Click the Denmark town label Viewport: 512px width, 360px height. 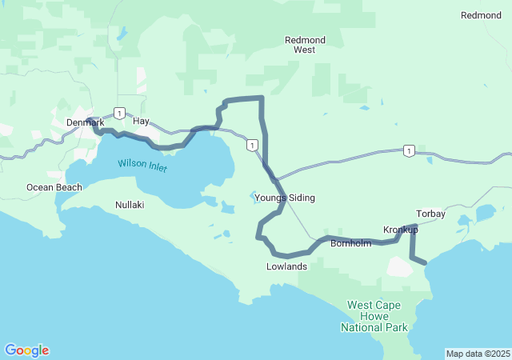click(85, 122)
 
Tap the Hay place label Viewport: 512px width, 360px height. click(142, 122)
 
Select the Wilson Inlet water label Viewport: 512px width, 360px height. click(142, 166)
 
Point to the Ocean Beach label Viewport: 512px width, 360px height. click(54, 187)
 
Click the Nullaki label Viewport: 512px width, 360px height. click(129, 205)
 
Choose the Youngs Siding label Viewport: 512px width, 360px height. click(285, 198)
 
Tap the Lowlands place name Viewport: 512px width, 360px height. click(286, 266)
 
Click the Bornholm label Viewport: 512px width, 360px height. click(351, 243)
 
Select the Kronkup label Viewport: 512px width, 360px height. click(401, 230)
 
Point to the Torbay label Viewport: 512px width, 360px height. click(431, 214)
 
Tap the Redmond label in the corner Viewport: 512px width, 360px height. click(482, 15)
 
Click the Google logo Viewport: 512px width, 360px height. click(26, 350)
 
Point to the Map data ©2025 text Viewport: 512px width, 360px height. click(477, 354)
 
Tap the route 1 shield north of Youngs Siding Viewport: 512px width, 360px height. click(252, 145)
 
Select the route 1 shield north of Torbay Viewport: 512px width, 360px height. click(409, 150)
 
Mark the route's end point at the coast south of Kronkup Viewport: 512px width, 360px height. click(424, 261)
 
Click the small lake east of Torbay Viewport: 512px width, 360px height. click(486, 214)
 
